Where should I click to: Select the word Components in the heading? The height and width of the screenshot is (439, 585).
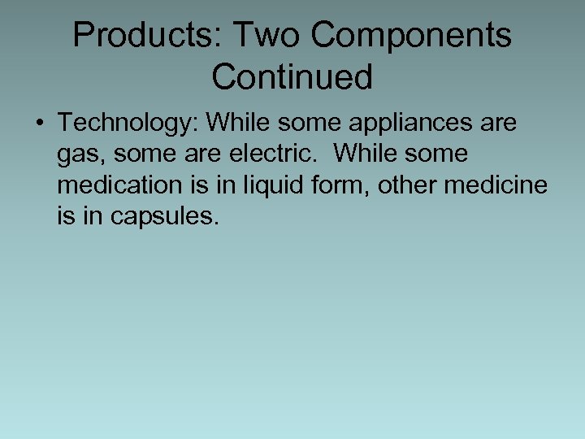412,35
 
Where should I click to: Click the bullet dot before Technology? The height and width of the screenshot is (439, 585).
39,124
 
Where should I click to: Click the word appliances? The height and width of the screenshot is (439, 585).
409,123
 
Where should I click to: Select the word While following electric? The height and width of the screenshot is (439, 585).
369,154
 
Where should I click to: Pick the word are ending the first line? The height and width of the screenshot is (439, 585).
497,123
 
